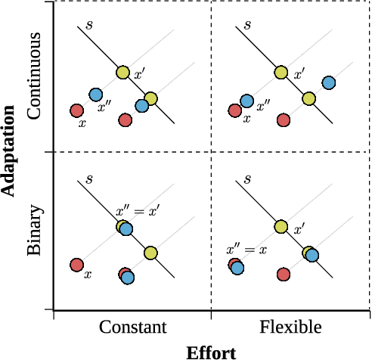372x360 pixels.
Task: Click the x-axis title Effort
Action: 211,352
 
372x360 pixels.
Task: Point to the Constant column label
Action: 132,327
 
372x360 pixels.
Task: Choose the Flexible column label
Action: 290,327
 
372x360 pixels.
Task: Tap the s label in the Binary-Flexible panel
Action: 247,179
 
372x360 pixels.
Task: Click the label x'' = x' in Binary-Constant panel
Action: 137,211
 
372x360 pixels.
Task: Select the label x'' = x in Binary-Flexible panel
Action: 247,249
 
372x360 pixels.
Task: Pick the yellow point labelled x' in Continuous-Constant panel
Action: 123,73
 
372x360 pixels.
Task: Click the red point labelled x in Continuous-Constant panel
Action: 76,110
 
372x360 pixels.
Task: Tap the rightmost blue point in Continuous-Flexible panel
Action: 329,82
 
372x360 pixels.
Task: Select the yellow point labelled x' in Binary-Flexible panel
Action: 281,226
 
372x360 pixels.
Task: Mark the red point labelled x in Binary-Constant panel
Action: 76,265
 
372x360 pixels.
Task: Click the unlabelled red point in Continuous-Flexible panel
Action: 284,119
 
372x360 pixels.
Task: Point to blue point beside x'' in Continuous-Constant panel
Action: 95,95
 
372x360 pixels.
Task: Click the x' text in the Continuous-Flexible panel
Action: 299,74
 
